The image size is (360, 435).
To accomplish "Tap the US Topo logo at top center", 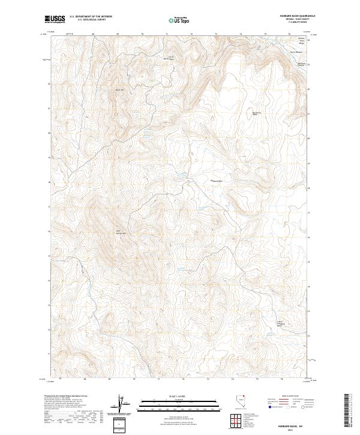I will tap(179, 19).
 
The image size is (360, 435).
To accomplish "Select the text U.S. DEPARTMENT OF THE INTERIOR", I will tap(91, 17).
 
